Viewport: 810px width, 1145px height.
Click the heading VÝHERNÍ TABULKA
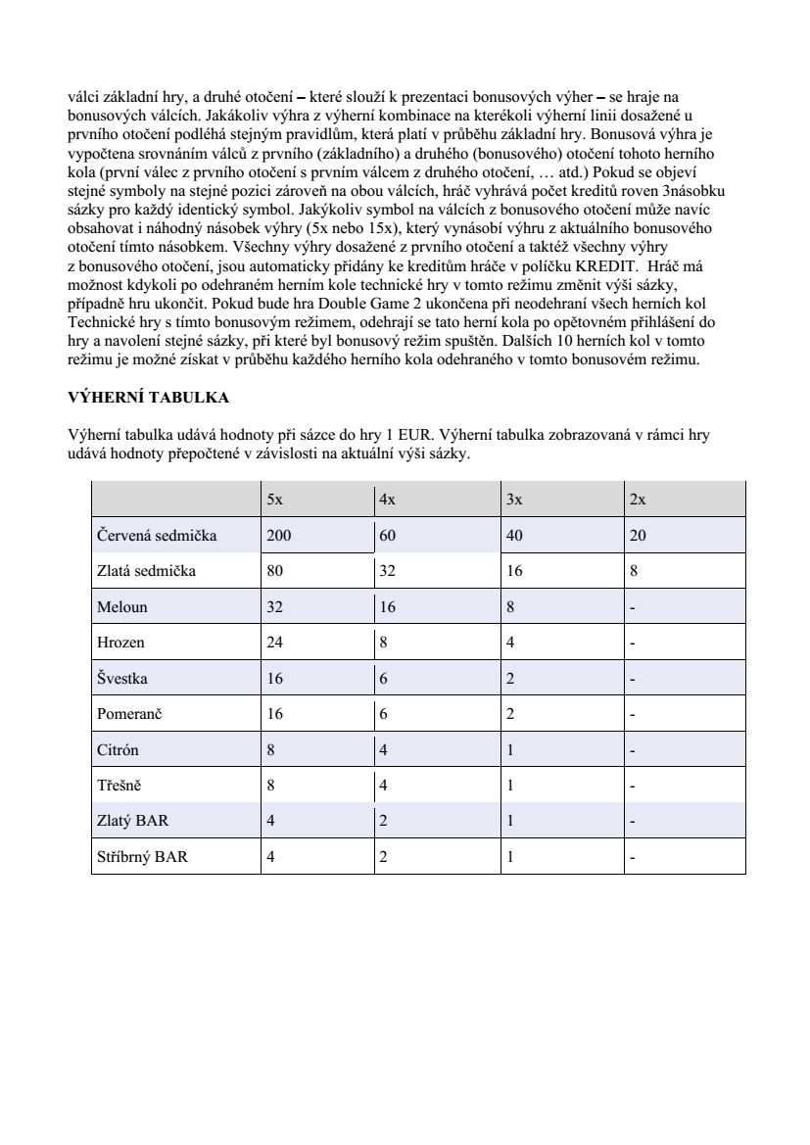tap(148, 399)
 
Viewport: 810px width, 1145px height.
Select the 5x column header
tap(275, 500)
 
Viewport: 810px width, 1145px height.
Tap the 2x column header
tap(638, 500)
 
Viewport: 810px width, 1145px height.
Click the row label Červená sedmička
tap(157, 536)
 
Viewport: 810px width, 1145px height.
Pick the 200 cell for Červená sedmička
tap(279, 536)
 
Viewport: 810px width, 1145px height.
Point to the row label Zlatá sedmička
tap(146, 571)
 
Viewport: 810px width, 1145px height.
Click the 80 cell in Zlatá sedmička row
tap(275, 571)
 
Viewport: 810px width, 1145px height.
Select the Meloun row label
tap(122, 607)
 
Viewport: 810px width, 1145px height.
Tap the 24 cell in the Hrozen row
tap(275, 643)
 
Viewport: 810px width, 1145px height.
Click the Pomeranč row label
tap(130, 714)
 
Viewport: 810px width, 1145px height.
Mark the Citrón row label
tap(119, 750)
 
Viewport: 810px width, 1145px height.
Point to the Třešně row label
tap(120, 786)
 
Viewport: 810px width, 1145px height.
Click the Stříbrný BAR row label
tap(143, 857)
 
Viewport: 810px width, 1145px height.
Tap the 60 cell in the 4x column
tap(388, 536)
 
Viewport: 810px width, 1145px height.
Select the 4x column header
tap(387, 500)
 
